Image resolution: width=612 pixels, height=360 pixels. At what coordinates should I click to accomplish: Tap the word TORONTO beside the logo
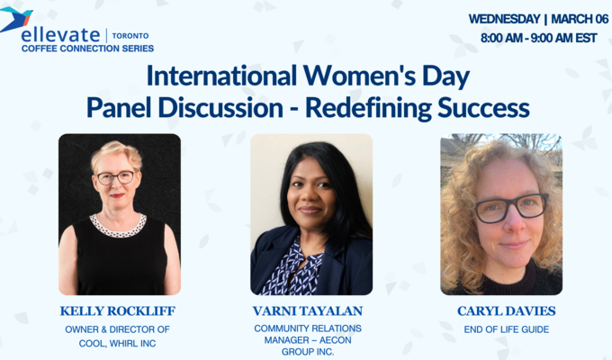pos(131,35)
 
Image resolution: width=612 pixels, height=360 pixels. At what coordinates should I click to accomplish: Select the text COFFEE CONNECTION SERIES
pos(87,49)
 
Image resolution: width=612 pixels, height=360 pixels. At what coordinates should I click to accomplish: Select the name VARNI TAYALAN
pos(311,311)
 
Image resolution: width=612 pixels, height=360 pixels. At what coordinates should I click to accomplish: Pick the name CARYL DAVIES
pos(507,311)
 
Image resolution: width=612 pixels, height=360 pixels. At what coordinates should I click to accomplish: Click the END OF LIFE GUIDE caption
pos(507,329)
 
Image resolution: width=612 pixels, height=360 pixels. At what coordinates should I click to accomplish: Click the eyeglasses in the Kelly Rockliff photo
pos(116,178)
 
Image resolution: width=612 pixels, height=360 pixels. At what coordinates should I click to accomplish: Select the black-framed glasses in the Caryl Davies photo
pos(510,207)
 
